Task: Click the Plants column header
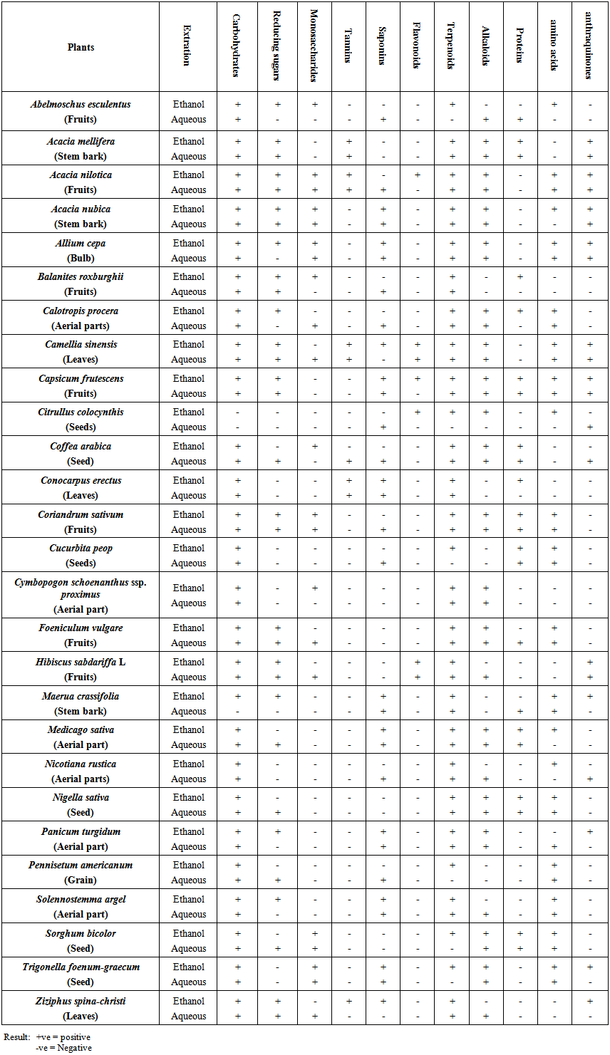81,47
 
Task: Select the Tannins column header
348,46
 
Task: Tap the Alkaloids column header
486,46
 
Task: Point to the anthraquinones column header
589,46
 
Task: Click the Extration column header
187,46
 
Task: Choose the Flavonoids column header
417,46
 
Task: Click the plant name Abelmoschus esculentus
81,104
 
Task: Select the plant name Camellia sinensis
81,344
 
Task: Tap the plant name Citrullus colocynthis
81,412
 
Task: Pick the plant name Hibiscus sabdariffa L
81,662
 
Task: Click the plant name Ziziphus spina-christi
81,1001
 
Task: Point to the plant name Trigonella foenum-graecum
81,967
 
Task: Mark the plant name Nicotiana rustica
81,764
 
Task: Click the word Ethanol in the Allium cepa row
189,243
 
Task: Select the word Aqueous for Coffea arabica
189,462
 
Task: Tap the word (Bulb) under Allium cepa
81,258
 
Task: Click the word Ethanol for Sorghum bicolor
189,933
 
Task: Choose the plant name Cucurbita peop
81,548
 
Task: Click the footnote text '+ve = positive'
63,1037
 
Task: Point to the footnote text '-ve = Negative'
63,1047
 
